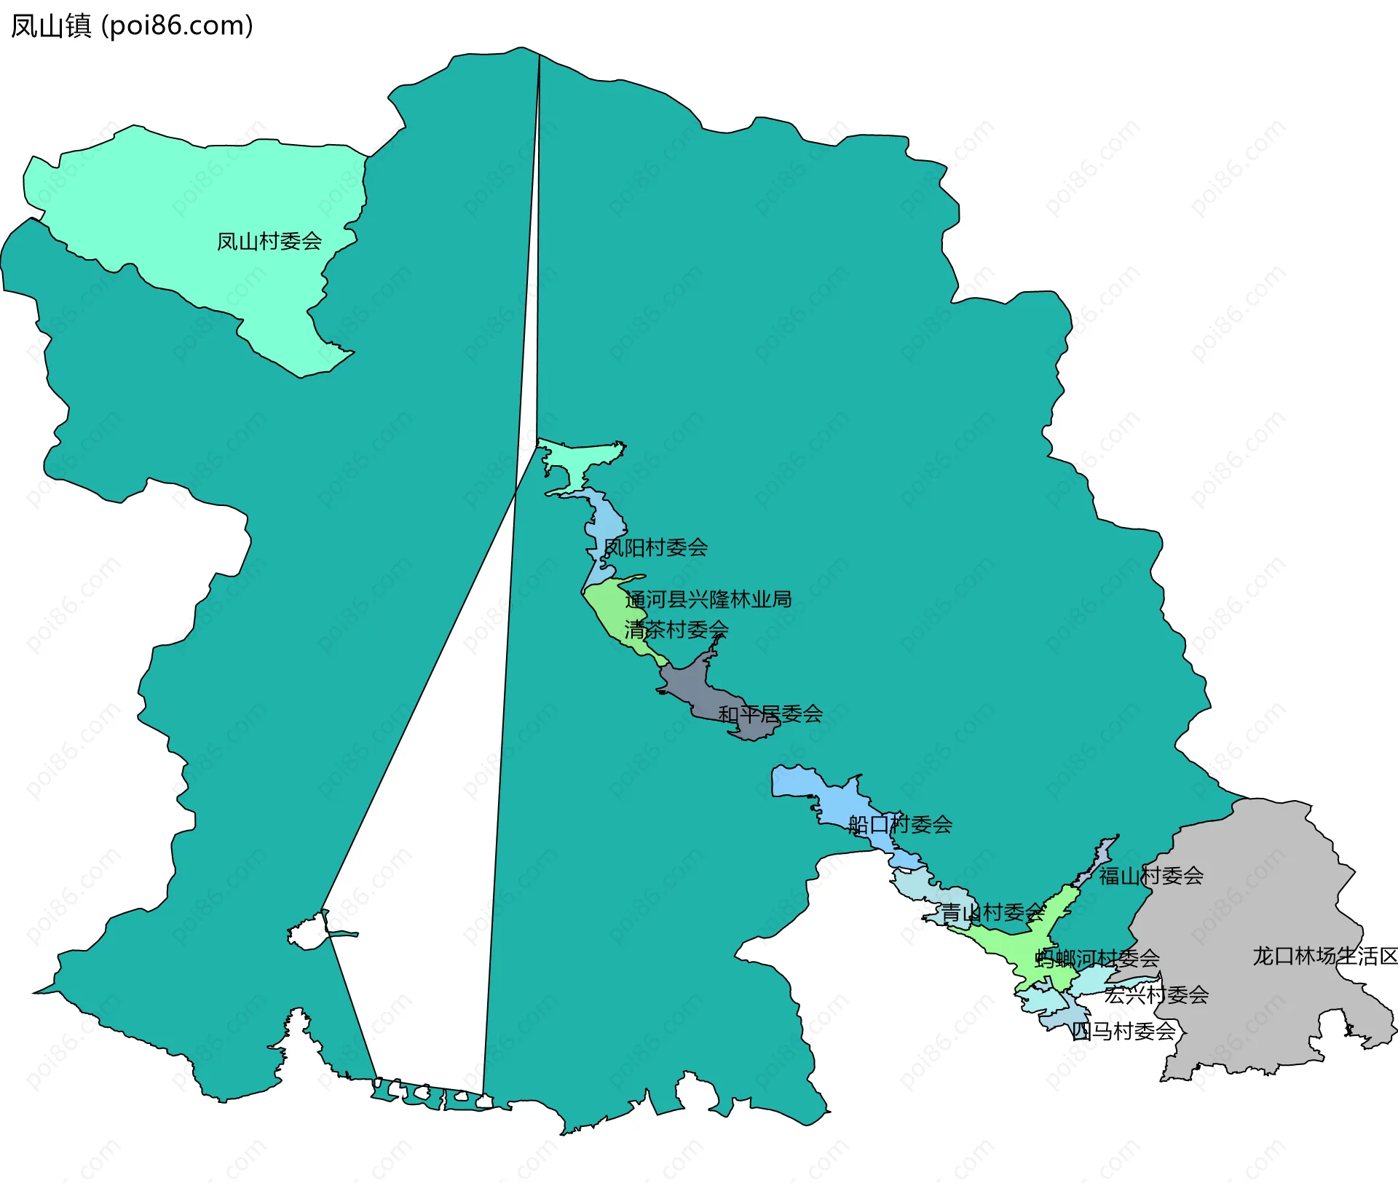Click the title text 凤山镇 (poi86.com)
tap(132, 25)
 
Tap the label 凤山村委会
tap(269, 241)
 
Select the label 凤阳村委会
tap(655, 547)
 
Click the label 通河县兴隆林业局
tap(708, 599)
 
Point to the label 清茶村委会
tap(676, 629)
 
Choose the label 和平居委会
tap(770, 714)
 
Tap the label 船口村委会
tap(900, 824)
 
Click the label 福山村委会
tap(1150, 876)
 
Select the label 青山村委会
tap(992, 912)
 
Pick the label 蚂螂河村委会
tap(1097, 958)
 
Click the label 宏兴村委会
tap(1156, 994)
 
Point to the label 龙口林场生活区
tap(1324, 956)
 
